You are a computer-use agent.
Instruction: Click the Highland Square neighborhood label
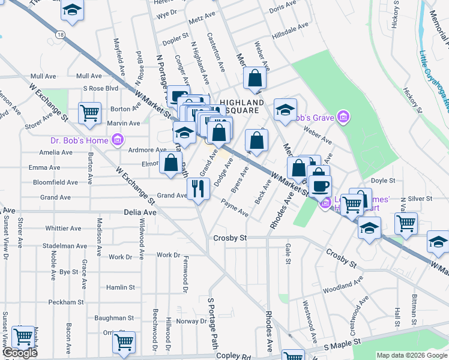241,106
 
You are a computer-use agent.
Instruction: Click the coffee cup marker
321,186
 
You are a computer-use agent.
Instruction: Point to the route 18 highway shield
61,35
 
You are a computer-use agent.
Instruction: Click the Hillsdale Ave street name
290,27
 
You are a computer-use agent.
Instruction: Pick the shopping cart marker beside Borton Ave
89,112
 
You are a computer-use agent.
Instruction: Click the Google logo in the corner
20,353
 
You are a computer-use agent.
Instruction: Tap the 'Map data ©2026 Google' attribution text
411,355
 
